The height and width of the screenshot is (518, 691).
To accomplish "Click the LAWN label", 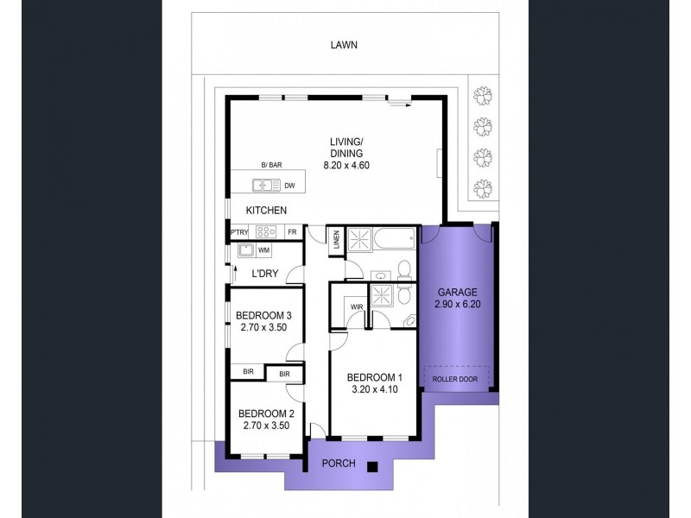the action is [344, 45].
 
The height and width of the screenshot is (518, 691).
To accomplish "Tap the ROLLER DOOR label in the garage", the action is [455, 379].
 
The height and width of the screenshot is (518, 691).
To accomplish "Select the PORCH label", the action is [339, 464].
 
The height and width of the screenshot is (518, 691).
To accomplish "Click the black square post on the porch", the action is [373, 467].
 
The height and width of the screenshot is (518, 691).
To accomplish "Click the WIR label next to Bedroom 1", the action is [357, 306].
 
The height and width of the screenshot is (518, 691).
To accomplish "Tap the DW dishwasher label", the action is [289, 186].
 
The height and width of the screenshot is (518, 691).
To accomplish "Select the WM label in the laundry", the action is [263, 250].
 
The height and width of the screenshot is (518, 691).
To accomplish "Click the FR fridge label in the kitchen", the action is [292, 231].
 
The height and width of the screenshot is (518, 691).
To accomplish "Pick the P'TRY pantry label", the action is [239, 231].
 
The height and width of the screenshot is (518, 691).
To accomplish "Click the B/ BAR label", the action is [271, 165].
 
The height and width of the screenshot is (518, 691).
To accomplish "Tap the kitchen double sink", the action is [266, 186].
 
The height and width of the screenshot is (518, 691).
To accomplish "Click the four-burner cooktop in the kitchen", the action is [266, 231].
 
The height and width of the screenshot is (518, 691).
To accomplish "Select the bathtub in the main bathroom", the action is [395, 238].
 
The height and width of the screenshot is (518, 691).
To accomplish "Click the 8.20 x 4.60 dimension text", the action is [346, 166].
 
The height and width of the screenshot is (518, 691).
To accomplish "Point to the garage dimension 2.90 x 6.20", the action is [458, 304].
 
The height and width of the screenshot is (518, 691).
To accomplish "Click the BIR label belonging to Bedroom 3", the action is [248, 372].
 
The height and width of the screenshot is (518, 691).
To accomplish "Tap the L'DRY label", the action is [265, 274].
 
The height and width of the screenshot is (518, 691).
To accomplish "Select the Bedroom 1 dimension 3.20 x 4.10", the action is [375, 389].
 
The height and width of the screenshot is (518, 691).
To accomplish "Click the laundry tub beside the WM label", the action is [246, 250].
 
